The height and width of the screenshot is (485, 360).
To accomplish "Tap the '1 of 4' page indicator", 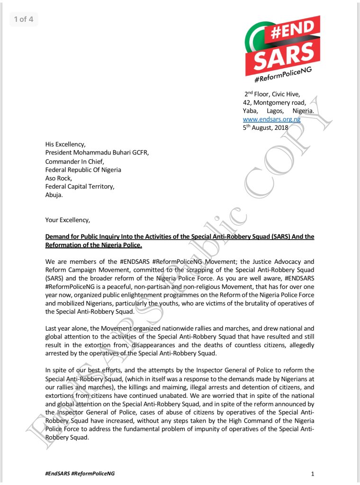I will (23, 19).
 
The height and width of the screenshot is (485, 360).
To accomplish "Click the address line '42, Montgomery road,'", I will (274, 102).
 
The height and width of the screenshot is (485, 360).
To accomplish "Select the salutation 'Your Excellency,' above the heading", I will (67, 220).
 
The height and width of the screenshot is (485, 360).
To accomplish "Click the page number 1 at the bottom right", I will (313, 474).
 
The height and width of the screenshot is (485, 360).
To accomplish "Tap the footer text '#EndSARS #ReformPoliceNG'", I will (80, 474).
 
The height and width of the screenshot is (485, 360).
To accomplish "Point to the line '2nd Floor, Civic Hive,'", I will (272, 94).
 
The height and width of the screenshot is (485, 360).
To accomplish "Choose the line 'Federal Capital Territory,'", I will (80, 187).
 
